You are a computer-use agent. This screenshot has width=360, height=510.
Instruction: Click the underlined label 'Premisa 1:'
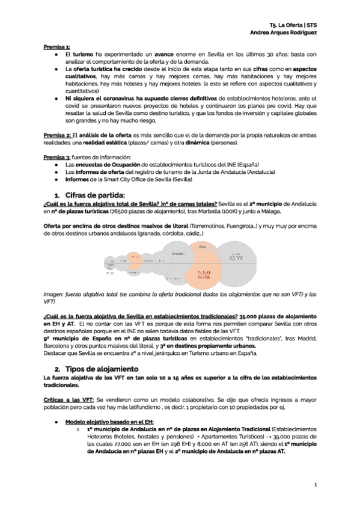click(56, 46)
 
